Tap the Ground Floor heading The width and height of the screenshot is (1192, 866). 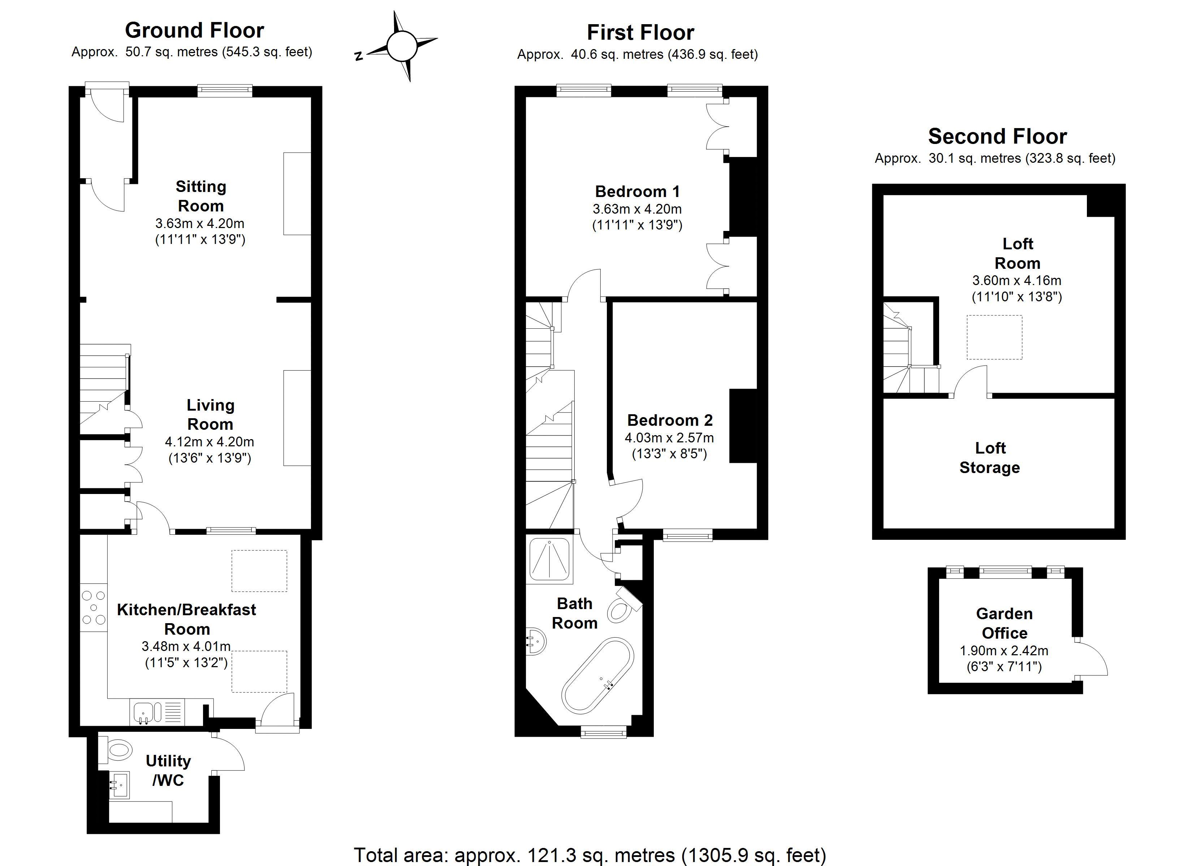[194, 30]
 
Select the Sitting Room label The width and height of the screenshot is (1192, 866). [201, 196]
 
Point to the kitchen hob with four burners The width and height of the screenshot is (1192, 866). [94, 608]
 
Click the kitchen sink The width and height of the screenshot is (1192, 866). [143, 713]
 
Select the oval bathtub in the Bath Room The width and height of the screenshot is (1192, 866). [597, 675]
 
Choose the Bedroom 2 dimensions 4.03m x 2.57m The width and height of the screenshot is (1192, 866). [669, 437]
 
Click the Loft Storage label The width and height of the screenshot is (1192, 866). [990, 458]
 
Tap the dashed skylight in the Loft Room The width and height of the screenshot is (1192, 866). [994, 337]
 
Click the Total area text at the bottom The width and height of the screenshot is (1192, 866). [590, 855]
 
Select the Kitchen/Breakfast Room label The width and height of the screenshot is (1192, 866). [187, 619]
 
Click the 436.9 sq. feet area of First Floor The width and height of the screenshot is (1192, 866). [713, 54]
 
